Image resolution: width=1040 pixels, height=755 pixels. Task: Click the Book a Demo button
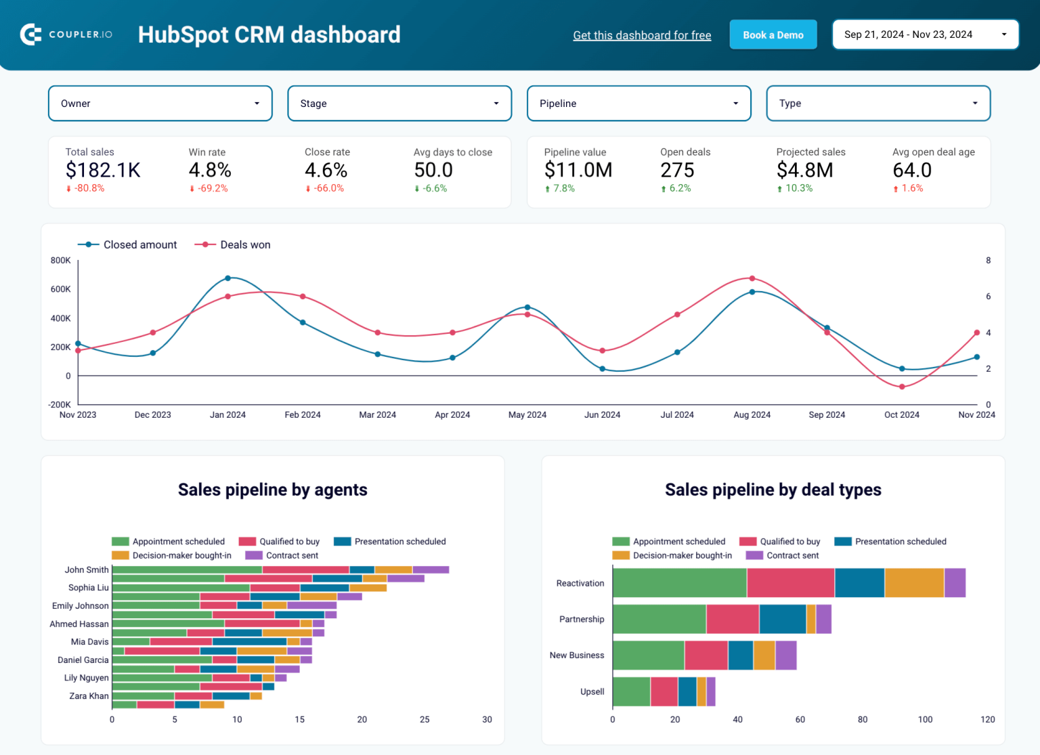(x=773, y=35)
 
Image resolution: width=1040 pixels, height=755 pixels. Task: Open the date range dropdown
(x=925, y=35)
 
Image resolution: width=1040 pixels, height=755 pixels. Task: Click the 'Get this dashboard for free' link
(x=642, y=35)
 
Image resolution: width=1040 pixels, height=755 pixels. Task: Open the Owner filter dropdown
(x=160, y=104)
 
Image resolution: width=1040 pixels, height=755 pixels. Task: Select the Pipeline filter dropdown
(x=638, y=104)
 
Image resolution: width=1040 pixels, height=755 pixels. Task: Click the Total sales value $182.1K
(x=103, y=170)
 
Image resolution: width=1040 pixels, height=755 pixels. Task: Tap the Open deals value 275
(x=677, y=170)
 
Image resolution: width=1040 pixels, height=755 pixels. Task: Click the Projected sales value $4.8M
(x=804, y=170)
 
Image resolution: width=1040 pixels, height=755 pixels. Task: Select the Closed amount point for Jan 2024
(x=227, y=278)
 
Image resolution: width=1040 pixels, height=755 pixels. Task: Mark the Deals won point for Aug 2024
(x=752, y=278)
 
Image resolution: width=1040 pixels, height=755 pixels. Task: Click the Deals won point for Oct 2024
(x=902, y=387)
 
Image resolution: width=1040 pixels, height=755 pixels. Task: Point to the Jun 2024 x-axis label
(x=602, y=414)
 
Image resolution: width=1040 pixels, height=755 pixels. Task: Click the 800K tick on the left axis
(x=60, y=261)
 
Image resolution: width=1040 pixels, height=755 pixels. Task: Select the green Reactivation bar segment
(x=679, y=583)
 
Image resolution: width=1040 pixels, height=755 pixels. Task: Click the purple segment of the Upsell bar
(x=711, y=691)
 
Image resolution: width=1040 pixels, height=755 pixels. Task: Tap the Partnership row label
(x=581, y=619)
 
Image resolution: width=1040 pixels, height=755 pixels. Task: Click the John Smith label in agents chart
(x=87, y=569)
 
